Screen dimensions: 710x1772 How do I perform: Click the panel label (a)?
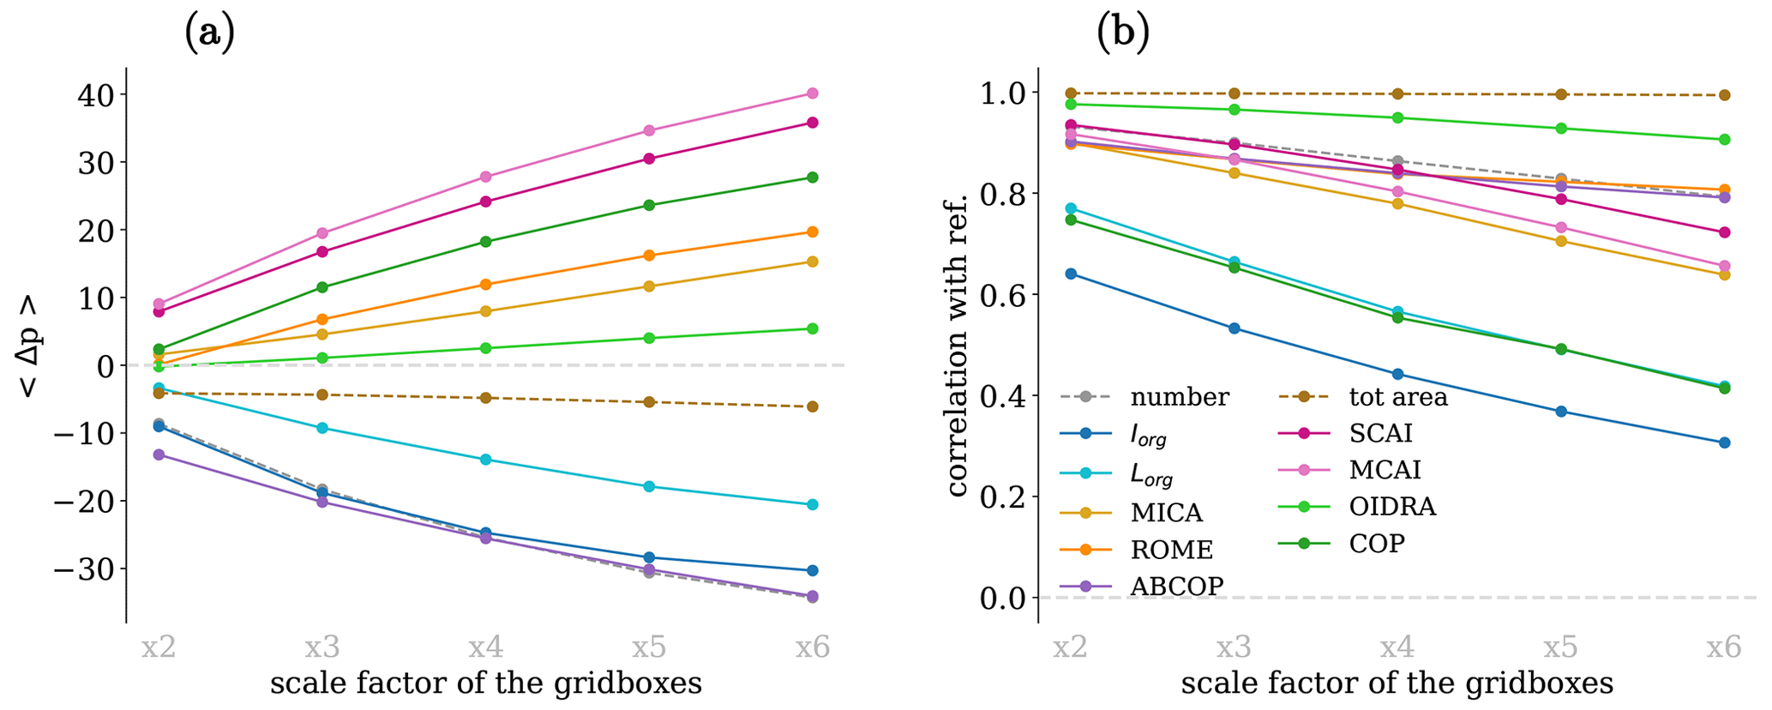209,33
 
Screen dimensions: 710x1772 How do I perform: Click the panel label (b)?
1122,33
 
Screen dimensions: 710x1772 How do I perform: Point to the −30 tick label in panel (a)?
86,569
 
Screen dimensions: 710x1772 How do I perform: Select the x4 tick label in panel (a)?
486,647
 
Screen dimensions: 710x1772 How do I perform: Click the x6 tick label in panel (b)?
1724,647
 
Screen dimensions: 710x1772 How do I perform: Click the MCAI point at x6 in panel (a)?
812,93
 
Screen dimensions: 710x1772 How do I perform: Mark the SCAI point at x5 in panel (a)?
649,159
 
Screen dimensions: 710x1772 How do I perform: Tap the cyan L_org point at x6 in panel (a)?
812,505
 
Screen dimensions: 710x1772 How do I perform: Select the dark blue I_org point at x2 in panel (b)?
1070,274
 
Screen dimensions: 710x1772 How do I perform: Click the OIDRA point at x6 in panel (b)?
1724,140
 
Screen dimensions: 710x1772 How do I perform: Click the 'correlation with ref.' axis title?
958,345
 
